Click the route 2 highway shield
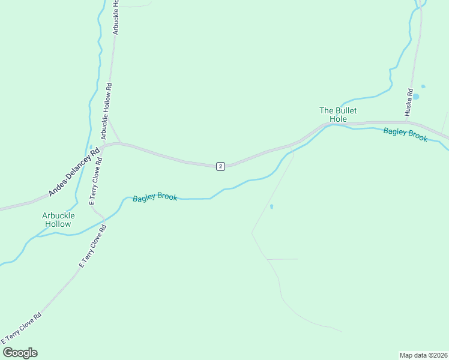click(x=220, y=166)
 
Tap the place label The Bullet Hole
click(x=338, y=115)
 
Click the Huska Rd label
click(x=409, y=103)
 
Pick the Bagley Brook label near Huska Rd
click(x=405, y=135)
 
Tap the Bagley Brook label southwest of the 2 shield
click(x=155, y=197)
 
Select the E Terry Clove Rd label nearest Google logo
click(x=22, y=329)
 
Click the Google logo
click(x=20, y=353)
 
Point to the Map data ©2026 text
click(x=423, y=355)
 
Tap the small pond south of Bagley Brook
click(x=272, y=207)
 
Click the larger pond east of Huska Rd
click(x=416, y=96)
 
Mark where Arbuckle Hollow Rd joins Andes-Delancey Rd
click(x=120, y=143)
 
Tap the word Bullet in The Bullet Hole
click(x=346, y=110)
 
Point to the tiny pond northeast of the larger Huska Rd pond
click(x=423, y=86)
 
